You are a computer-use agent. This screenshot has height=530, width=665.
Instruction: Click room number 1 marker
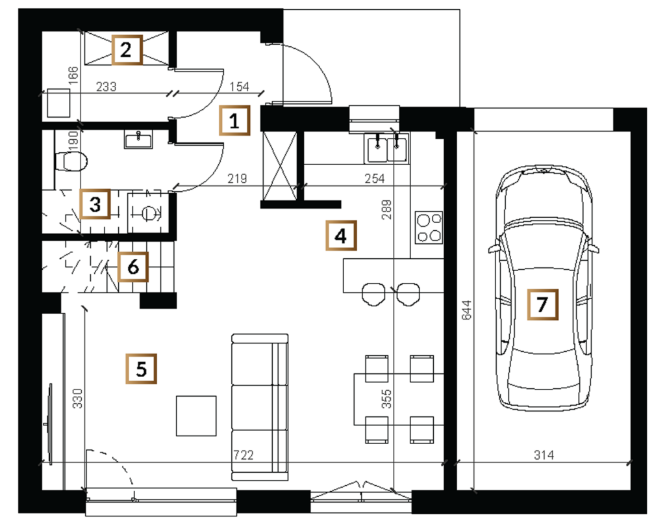tap(234, 120)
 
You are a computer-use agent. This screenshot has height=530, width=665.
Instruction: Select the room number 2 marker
tap(127, 49)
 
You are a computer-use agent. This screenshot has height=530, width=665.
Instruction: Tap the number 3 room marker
tap(95, 204)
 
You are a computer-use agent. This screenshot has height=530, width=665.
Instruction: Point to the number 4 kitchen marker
tap(341, 235)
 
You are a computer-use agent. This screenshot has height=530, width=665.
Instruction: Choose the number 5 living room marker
tap(141, 369)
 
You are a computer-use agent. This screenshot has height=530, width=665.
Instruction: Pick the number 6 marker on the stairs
tap(133, 267)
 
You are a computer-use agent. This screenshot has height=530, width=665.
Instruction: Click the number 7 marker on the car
tap(542, 304)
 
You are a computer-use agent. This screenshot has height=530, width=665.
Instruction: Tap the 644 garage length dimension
tap(466, 310)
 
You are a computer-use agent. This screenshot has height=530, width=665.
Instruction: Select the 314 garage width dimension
tap(544, 455)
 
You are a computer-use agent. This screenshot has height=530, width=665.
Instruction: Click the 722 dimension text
tap(244, 455)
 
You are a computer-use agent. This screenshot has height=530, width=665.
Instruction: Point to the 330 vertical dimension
tap(78, 399)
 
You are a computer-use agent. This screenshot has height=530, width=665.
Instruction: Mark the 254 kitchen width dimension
tap(375, 178)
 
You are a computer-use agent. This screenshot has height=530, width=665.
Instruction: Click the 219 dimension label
tap(237, 178)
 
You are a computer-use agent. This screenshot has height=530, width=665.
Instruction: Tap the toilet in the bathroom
tap(71, 162)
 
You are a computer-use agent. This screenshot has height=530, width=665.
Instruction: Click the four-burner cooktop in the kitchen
tap(429, 227)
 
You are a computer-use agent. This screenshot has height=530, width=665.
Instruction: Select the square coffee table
tap(196, 416)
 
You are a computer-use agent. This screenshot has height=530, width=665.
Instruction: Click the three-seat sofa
tap(260, 407)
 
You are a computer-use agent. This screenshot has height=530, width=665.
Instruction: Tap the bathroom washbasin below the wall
tap(138, 140)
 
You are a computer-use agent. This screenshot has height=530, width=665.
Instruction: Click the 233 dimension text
tap(106, 86)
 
